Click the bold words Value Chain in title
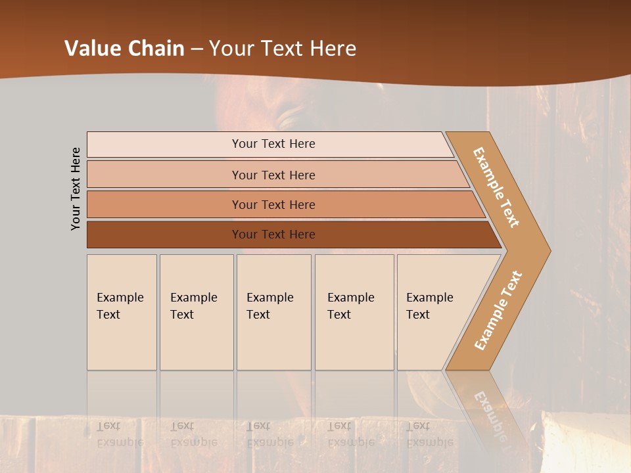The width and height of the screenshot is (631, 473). (124, 49)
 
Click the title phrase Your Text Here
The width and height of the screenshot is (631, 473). (283, 49)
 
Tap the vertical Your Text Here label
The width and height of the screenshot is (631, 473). (76, 189)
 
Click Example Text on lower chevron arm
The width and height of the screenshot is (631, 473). (498, 310)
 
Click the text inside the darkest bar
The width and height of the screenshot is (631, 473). (273, 235)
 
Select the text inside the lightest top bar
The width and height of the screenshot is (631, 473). (273, 144)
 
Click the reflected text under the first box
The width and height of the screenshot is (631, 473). (120, 434)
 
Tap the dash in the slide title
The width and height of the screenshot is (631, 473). (197, 49)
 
